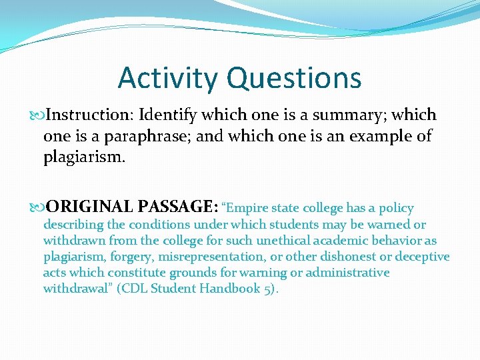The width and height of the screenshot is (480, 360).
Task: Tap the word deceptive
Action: coord(423,257)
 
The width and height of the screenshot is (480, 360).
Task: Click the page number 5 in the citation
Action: coord(269,289)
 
